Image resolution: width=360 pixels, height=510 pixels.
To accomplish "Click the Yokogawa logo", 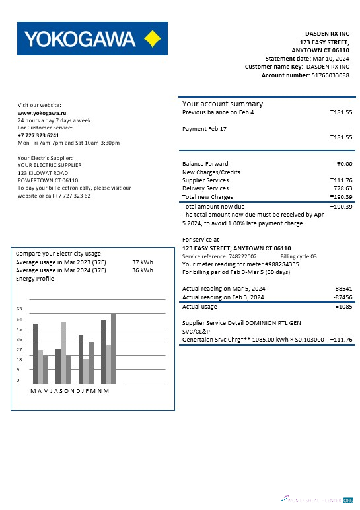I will pyautogui.click(x=92, y=39).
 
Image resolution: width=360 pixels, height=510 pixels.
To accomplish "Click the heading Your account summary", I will pyautogui.click(x=223, y=104).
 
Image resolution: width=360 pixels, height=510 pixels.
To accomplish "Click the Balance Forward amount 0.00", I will pyautogui.click(x=344, y=164).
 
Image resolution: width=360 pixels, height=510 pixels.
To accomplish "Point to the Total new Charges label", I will pyautogui.click(x=207, y=197).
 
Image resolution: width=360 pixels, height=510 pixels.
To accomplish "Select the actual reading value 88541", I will pyautogui.click(x=343, y=289).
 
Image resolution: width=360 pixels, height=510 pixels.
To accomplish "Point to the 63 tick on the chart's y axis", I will pyautogui.click(x=19, y=309).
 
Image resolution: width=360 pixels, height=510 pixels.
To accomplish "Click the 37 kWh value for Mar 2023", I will pyautogui.click(x=142, y=262).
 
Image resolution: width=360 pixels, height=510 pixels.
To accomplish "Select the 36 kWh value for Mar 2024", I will pyautogui.click(x=142, y=270).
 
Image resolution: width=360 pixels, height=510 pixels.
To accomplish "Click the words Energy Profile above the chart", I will pyautogui.click(x=34, y=279).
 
